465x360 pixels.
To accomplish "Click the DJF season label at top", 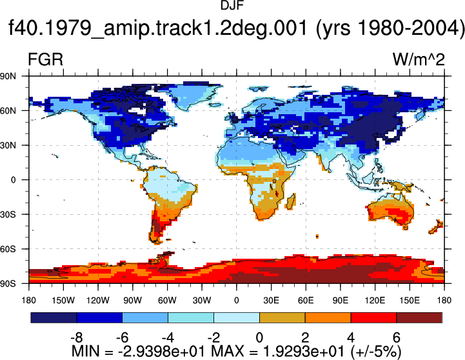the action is tap(232, 5).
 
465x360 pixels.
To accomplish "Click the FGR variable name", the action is tap(45, 59).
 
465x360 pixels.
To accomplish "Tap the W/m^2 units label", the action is tap(419, 59).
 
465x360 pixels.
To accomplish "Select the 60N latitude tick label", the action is tap(8, 111).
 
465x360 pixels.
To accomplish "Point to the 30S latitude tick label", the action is tap(8, 214).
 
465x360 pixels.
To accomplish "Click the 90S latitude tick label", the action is tap(8, 284).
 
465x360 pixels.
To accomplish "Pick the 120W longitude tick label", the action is tap(98, 301).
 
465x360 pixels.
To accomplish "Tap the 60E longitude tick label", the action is tap(306, 301).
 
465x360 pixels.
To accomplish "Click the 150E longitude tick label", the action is tap(410, 301).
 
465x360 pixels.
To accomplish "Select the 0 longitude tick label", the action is tap(236, 301).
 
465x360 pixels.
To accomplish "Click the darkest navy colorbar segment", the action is tap(54, 317).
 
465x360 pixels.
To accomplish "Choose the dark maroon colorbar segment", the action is tap(419, 317).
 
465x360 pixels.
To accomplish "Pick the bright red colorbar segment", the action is tap(373, 317).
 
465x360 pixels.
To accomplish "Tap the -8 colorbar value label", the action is tap(76, 338).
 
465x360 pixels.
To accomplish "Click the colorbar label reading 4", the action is tap(351, 338).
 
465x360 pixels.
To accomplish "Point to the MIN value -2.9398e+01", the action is tap(162, 352).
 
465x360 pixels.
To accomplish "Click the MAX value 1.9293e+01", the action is tap(304, 352).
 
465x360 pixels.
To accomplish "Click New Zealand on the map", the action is tap(436, 227).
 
